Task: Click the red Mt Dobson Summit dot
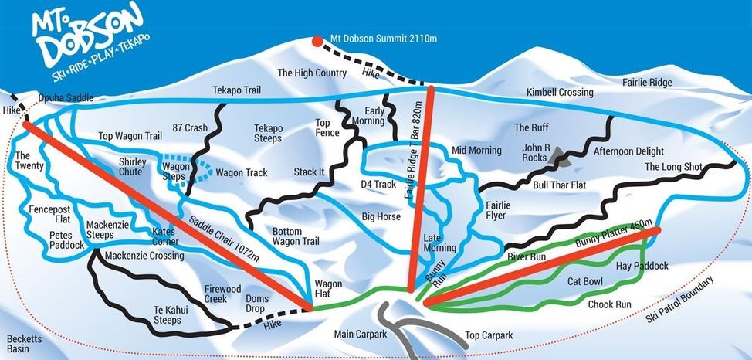pyautogui.click(x=317, y=39)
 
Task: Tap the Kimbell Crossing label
pyautogui.click(x=560, y=93)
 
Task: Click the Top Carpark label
pyautogui.click(x=489, y=336)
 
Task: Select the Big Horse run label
pyautogui.click(x=381, y=217)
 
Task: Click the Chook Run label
pyautogui.click(x=610, y=304)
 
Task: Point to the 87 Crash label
pyautogui.click(x=191, y=128)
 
